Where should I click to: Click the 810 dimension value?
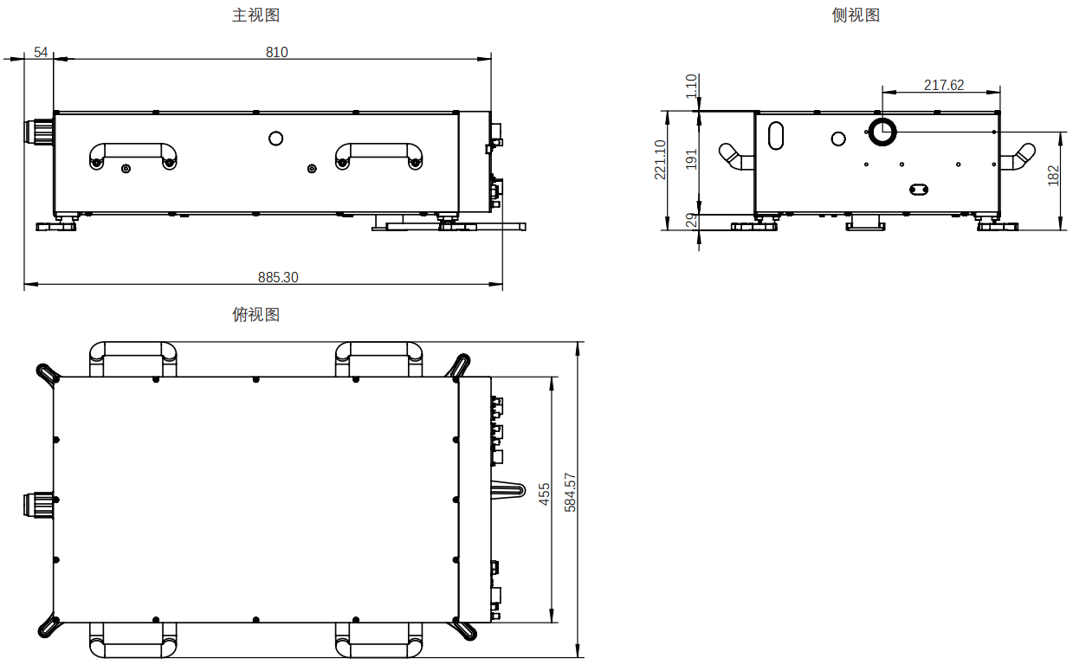point(276,52)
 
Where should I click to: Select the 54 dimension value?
point(41,52)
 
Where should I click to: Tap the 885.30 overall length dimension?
point(278,278)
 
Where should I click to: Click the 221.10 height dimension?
point(661,159)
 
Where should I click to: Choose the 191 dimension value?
point(691,159)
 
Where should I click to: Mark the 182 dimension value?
point(1054,176)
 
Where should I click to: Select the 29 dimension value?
point(691,221)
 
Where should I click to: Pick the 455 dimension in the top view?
point(545,494)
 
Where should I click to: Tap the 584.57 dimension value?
point(570,492)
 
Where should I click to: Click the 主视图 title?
point(255,16)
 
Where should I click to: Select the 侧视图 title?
point(856,16)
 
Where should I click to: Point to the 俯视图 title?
point(255,315)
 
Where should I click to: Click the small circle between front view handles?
point(276,138)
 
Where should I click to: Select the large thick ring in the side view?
point(883,132)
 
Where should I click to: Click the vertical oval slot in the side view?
point(776,135)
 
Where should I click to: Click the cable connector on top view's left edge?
point(39,503)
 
